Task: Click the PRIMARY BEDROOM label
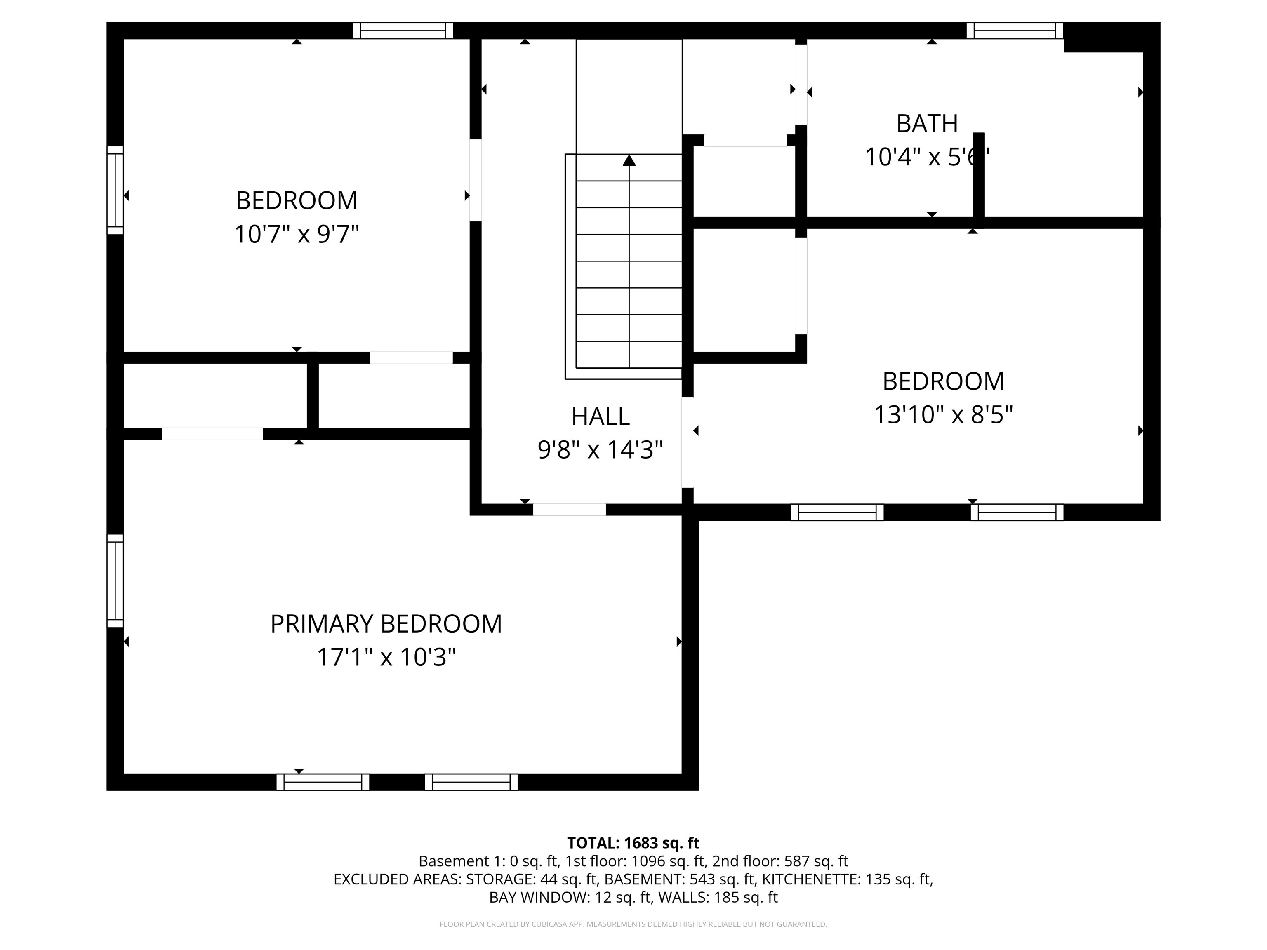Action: pos(386,623)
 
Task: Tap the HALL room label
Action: pos(600,416)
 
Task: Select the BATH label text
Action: pos(927,124)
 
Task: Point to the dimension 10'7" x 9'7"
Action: pos(297,234)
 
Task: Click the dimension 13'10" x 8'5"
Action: pos(943,414)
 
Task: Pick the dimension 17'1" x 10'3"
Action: pos(386,657)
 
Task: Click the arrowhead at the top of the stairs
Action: pos(629,160)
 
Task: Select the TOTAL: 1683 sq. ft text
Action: pos(633,843)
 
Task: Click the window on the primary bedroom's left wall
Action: pos(115,581)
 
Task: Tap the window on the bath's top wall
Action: pos(1015,31)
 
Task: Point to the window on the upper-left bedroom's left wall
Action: pos(115,190)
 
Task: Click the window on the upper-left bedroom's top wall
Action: pos(403,31)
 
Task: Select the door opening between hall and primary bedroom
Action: pos(569,510)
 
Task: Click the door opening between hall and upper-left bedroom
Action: pos(476,180)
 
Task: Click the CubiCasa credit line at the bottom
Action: pos(633,924)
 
